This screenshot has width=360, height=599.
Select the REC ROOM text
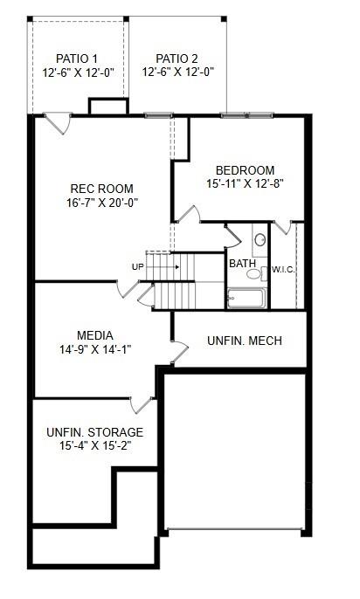click(x=102, y=188)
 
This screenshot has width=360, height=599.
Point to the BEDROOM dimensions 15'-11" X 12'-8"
click(x=246, y=184)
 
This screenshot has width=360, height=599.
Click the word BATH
click(x=243, y=263)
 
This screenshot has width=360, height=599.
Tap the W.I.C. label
click(x=283, y=269)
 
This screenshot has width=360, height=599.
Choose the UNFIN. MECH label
click(x=244, y=341)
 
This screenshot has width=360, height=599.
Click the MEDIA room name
click(x=94, y=335)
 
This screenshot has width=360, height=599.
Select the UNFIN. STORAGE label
click(x=94, y=432)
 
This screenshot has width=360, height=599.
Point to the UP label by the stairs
click(x=138, y=267)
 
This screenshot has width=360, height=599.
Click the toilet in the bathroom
click(x=259, y=239)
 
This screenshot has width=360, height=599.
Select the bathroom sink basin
click(x=253, y=274)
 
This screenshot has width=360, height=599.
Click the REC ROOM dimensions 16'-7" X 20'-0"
click(x=102, y=203)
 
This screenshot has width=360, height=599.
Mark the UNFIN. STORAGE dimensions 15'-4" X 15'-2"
click(x=94, y=446)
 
